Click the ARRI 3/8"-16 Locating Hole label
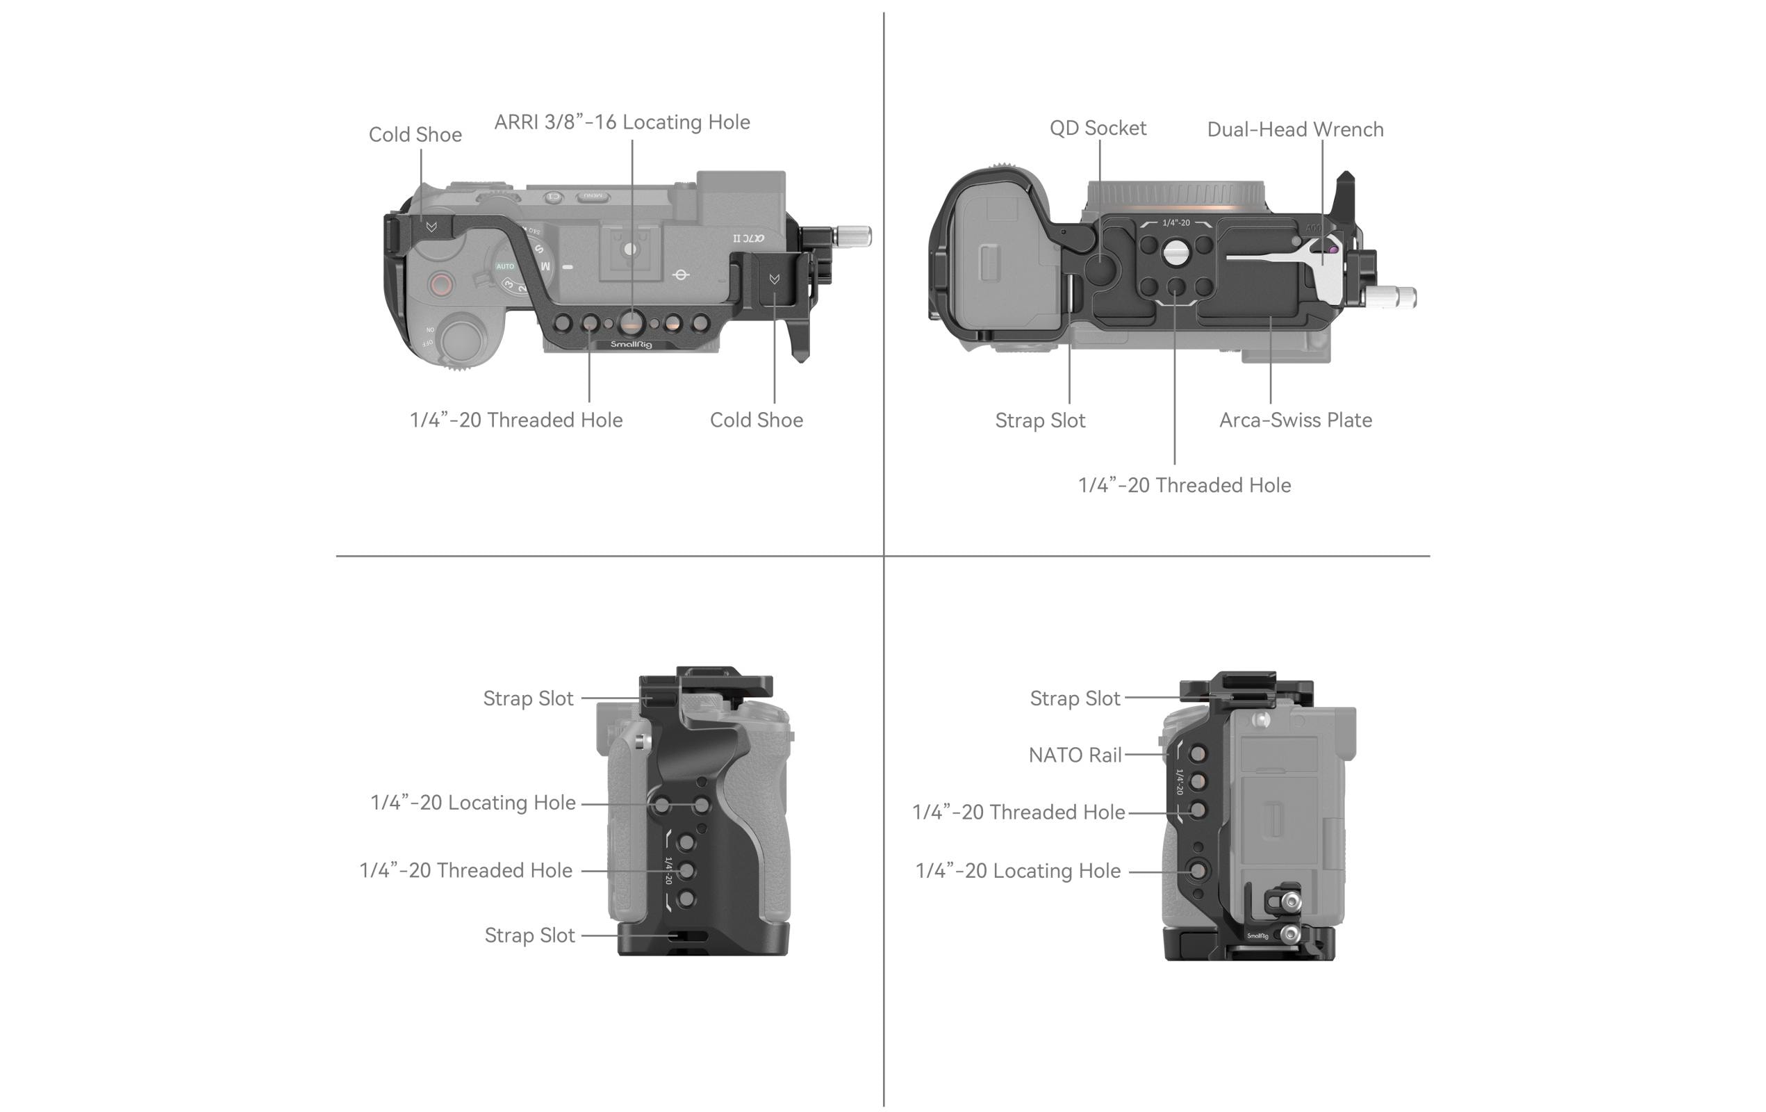[x=621, y=122]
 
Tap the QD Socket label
[x=1097, y=129]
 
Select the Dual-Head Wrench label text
[x=1294, y=130]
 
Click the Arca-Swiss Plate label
[x=1294, y=420]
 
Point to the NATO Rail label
[x=1075, y=755]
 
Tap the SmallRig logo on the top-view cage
[x=631, y=344]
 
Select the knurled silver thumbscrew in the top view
[x=852, y=236]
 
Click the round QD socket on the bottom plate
[x=1103, y=268]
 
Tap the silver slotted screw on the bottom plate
[x=1175, y=253]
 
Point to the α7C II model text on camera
[x=749, y=238]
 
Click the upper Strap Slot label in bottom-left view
[x=527, y=698]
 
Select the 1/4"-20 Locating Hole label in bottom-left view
[x=472, y=803]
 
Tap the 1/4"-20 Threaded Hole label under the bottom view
[x=1184, y=486]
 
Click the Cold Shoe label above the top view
[x=414, y=135]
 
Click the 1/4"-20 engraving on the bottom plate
[x=1175, y=223]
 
